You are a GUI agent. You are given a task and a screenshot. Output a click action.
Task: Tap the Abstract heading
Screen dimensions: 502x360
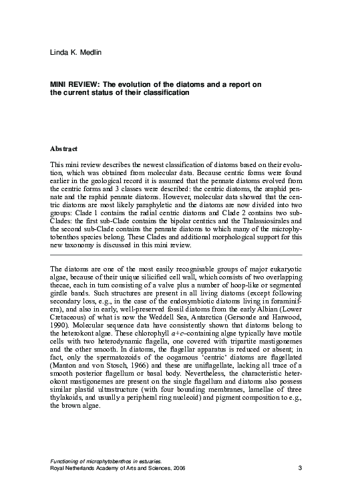click(x=64, y=148)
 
